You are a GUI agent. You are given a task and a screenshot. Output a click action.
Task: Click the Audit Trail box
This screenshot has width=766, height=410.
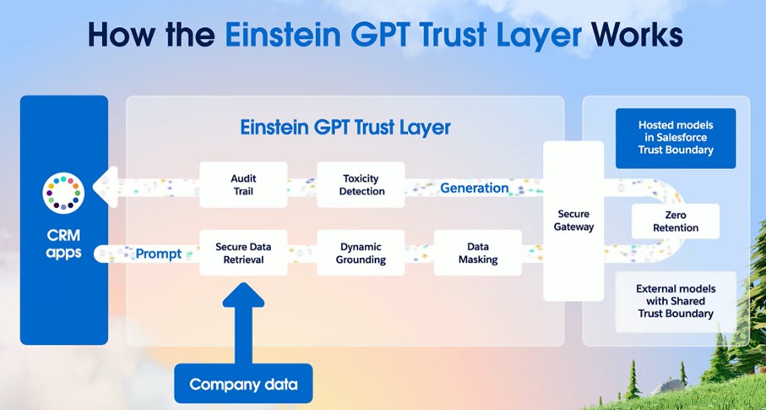[x=243, y=185]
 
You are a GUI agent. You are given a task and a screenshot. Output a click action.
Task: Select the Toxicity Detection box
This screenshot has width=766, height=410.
[x=361, y=185]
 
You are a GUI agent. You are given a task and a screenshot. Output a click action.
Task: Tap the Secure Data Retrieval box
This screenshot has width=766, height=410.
[x=243, y=253]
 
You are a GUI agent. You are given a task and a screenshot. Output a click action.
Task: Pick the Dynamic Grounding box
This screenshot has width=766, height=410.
[x=361, y=253]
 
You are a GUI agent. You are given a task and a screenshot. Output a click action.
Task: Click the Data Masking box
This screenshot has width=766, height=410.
[x=478, y=253]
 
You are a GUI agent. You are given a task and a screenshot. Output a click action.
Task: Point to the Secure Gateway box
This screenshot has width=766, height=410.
[x=573, y=221]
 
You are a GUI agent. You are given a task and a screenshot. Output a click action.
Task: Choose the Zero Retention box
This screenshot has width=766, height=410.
[x=676, y=221]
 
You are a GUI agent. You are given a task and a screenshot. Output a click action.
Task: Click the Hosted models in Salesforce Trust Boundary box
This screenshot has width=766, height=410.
[x=676, y=138]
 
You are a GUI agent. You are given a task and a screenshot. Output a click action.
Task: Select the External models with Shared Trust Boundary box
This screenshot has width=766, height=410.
[x=676, y=302]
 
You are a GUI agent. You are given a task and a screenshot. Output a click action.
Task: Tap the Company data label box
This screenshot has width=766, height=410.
[x=243, y=384]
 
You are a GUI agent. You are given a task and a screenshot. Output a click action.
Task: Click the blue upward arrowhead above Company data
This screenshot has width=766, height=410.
[x=243, y=295]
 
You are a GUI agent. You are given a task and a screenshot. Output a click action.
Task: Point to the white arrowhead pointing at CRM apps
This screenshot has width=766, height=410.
[x=106, y=187]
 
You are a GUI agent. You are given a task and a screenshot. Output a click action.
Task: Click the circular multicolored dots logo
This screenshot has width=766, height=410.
[x=63, y=193]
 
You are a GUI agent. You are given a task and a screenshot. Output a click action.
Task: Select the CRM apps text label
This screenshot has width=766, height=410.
[x=63, y=245]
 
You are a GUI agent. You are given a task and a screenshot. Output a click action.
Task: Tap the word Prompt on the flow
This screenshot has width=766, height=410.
[x=158, y=254]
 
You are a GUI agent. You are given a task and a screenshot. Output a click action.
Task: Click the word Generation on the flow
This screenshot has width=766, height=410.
[x=475, y=188]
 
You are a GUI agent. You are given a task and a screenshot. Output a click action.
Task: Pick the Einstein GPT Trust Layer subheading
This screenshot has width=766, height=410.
[x=345, y=127]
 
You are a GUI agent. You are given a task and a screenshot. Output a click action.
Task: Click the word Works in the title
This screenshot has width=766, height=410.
[x=637, y=35]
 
